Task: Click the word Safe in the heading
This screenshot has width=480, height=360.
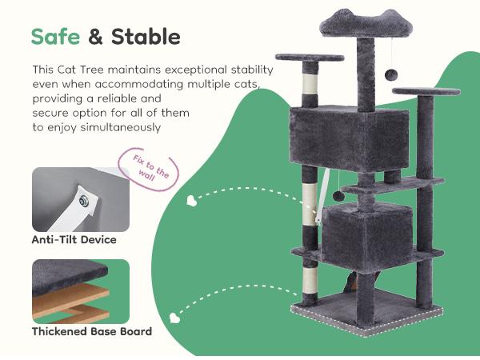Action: coord(56,37)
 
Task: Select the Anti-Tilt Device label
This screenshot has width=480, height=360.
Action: coord(74,239)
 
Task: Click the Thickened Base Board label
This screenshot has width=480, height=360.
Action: coord(91,330)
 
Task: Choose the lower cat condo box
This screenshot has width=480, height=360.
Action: coord(366,234)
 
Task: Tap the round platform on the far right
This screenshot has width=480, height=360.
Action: coord(426,91)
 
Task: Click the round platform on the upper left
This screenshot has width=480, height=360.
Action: coord(309,58)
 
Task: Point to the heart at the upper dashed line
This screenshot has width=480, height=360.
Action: coord(190,199)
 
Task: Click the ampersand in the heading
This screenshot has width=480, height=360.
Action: coord(95,37)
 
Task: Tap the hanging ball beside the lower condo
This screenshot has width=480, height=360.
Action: coord(339,196)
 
